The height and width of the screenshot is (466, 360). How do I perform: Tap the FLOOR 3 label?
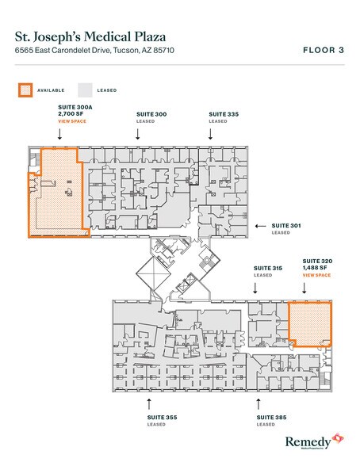324,49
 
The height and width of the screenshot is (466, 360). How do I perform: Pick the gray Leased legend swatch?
84,90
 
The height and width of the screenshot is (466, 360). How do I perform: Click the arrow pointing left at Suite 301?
259,226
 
